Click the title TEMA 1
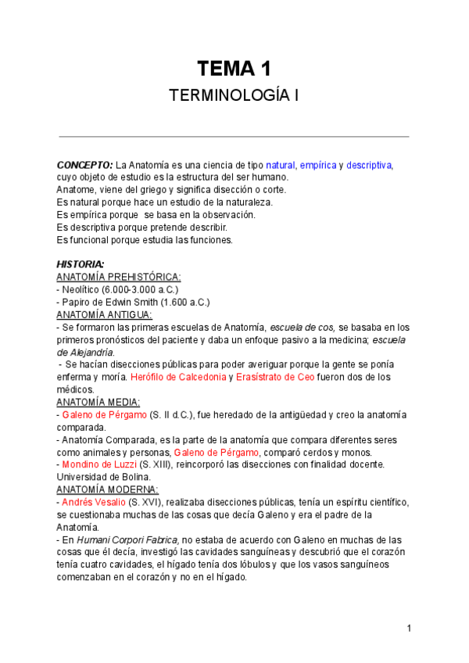234,68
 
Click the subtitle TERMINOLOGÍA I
234,96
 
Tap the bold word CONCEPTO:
84,165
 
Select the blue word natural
281,165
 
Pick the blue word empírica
318,165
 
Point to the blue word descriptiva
369,165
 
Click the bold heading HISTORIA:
81,264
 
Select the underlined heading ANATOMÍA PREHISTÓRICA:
119,277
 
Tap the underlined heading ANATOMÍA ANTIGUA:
105,314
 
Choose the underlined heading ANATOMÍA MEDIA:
98,402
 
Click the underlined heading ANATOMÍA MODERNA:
107,489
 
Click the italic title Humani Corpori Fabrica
127,539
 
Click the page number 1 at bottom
409,628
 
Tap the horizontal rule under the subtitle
234,137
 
